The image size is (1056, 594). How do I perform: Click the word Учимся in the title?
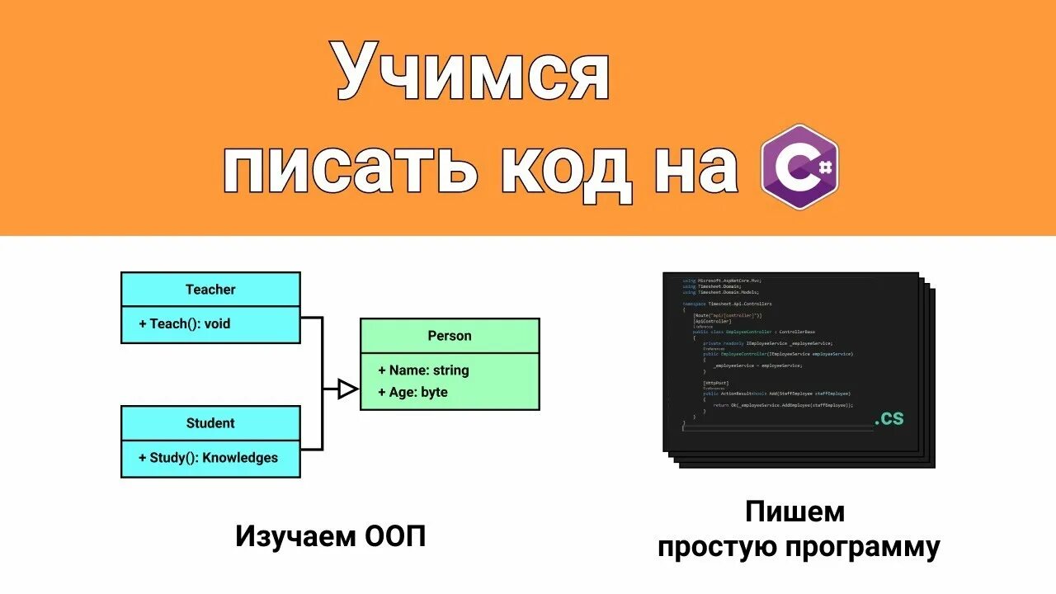click(x=472, y=74)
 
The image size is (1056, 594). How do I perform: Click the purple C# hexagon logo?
click(x=799, y=167)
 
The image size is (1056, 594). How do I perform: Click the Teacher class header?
click(x=210, y=290)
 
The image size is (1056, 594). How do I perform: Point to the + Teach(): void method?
click(x=184, y=324)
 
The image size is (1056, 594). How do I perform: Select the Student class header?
click(x=210, y=423)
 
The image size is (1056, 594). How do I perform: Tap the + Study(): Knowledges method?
click(x=208, y=458)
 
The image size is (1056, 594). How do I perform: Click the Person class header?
click(x=450, y=336)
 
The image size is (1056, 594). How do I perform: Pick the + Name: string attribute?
click(x=423, y=370)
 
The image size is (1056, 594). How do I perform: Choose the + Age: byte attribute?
click(x=412, y=392)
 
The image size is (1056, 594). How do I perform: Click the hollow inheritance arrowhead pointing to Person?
click(x=348, y=389)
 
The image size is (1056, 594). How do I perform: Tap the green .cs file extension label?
click(x=889, y=418)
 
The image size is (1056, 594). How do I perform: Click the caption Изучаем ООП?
click(x=331, y=537)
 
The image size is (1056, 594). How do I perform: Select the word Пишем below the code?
click(x=795, y=511)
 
